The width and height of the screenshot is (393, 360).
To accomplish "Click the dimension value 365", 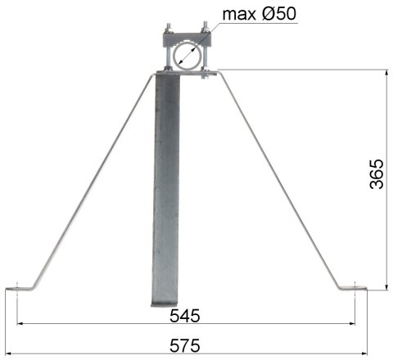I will pyautogui.click(x=376, y=173).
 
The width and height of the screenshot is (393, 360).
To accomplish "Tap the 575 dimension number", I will pyautogui.click(x=187, y=345).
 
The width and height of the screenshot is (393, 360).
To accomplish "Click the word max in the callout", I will pyautogui.click(x=242, y=14).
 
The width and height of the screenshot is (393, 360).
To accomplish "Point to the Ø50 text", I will pyautogui.click(x=282, y=14).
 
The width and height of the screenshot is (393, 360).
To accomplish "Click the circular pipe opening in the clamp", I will pyautogui.click(x=188, y=55).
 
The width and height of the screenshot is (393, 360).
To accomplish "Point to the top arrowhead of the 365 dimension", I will pyautogui.click(x=386, y=74).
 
